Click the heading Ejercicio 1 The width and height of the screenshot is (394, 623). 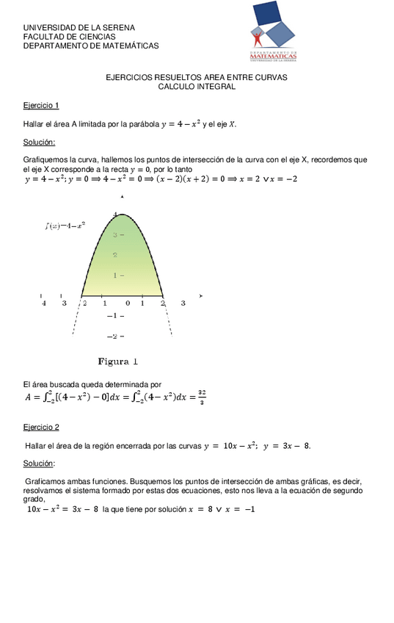[41, 105]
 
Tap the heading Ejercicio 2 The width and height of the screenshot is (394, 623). [41, 427]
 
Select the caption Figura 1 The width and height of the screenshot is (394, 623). [118, 361]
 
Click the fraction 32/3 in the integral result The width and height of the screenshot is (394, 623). [201, 397]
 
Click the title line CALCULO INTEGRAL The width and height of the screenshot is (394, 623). [197, 86]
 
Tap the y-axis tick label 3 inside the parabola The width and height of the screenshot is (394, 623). [114, 235]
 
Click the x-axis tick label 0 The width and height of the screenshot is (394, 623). [127, 303]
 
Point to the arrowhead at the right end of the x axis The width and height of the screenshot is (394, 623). [200, 295]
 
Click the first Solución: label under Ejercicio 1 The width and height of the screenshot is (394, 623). [39, 142]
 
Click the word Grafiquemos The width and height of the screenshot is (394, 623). [46, 159]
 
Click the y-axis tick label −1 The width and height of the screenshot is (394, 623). [113, 316]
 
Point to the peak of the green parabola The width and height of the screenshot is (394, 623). [123, 215]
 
